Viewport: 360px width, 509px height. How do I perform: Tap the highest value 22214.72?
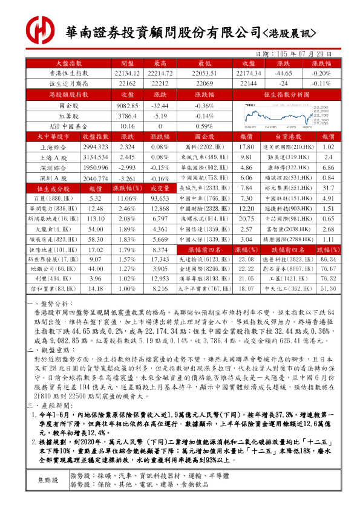click(x=160, y=73)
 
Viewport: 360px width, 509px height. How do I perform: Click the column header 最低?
click(x=205, y=63)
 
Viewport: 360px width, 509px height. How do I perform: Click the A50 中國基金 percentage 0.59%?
click(x=205, y=126)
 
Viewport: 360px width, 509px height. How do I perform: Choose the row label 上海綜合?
click(x=54, y=147)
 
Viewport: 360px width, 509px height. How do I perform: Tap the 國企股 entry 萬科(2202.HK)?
click(x=205, y=147)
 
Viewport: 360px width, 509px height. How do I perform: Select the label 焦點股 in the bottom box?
click(x=48, y=480)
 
